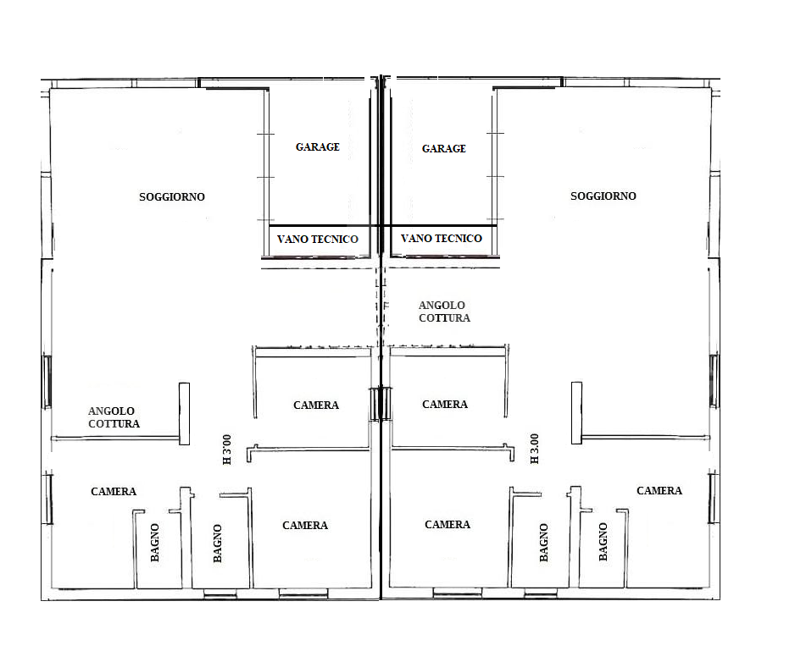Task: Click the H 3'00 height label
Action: (227, 450)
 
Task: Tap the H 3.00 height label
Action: (535, 449)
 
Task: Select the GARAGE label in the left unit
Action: (317, 147)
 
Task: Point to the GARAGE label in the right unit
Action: (443, 148)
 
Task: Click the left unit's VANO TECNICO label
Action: (317, 239)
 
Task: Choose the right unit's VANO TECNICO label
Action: (441, 238)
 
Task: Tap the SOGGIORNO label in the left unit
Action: (172, 196)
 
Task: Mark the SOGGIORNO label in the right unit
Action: (603, 196)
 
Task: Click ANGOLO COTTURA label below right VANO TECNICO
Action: (444, 312)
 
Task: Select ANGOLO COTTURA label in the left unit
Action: (114, 417)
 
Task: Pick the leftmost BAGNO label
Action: (155, 543)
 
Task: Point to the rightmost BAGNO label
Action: (603, 542)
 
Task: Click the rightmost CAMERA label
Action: (659, 490)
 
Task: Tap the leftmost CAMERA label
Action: (114, 491)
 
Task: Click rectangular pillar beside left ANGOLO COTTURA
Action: (185, 414)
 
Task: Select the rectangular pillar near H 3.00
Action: (576, 413)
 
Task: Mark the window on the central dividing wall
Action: (381, 404)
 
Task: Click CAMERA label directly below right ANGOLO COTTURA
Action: (445, 404)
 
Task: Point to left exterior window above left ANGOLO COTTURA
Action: (46, 382)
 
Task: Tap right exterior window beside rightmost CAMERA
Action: (714, 498)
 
